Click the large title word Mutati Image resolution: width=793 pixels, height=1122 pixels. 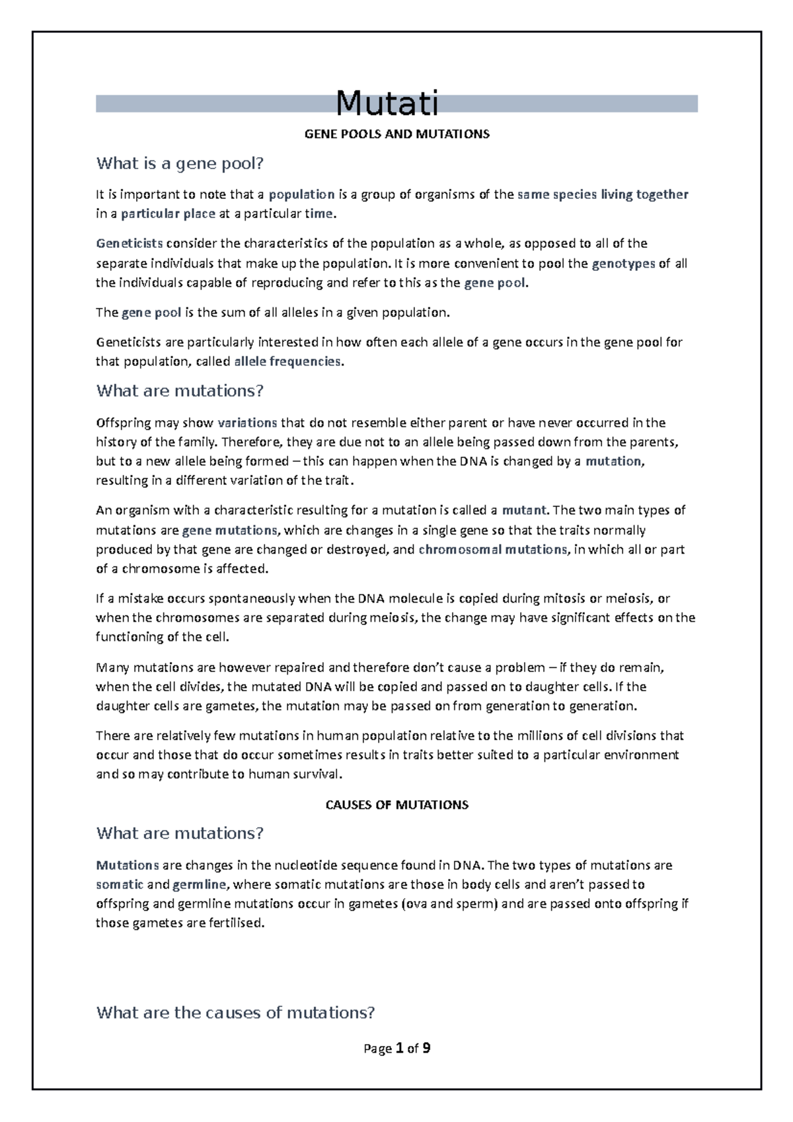(x=387, y=103)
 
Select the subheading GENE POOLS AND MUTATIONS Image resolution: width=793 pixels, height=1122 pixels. (x=397, y=134)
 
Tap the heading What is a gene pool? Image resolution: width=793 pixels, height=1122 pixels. (x=184, y=163)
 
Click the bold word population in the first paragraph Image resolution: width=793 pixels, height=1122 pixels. (x=301, y=194)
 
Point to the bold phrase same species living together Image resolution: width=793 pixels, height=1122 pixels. (x=603, y=194)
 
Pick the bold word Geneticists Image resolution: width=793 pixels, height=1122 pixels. (x=130, y=243)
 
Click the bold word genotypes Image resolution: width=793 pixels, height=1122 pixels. (x=624, y=264)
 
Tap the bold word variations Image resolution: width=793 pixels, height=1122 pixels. (x=248, y=423)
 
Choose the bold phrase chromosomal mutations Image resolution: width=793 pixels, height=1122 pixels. (x=493, y=549)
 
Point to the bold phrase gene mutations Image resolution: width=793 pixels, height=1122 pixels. (x=230, y=530)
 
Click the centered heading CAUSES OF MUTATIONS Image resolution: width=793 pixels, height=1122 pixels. (x=397, y=805)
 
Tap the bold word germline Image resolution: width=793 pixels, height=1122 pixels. (x=199, y=884)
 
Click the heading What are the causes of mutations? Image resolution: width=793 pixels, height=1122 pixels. (x=236, y=1012)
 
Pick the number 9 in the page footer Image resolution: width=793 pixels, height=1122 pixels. (x=426, y=1048)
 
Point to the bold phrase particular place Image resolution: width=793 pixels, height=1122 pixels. (x=168, y=214)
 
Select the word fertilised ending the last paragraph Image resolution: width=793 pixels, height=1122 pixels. (x=235, y=923)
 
